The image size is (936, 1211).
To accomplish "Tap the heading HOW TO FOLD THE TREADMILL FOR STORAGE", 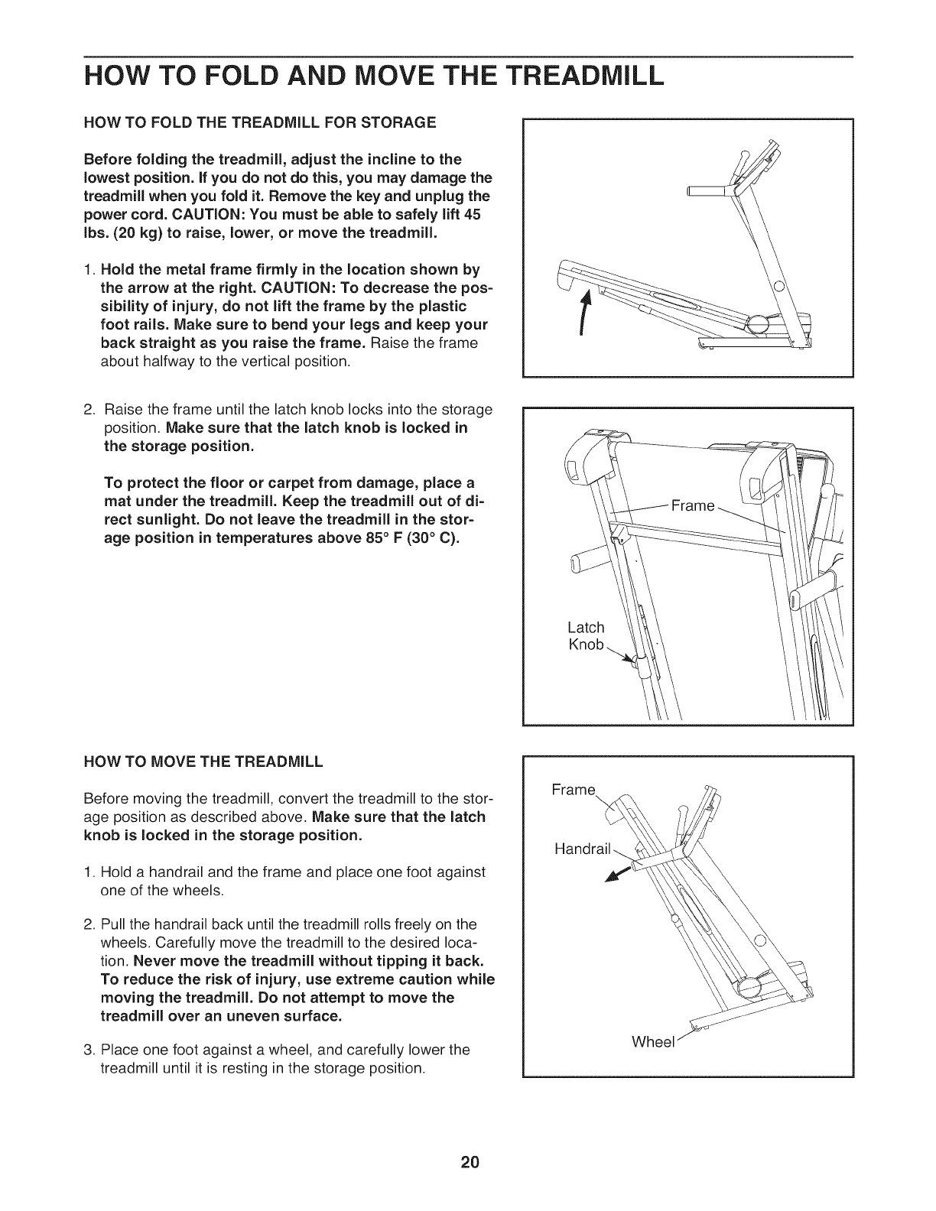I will (x=259, y=122).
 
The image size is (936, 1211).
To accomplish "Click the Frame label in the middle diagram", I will (x=692, y=505).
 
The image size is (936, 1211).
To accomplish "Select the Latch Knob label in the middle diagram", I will (x=586, y=636).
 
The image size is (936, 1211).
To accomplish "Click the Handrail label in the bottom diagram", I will (x=583, y=848).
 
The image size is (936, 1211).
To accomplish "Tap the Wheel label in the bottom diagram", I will (x=652, y=1042).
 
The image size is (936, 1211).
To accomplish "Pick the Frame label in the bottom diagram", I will (x=574, y=789).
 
